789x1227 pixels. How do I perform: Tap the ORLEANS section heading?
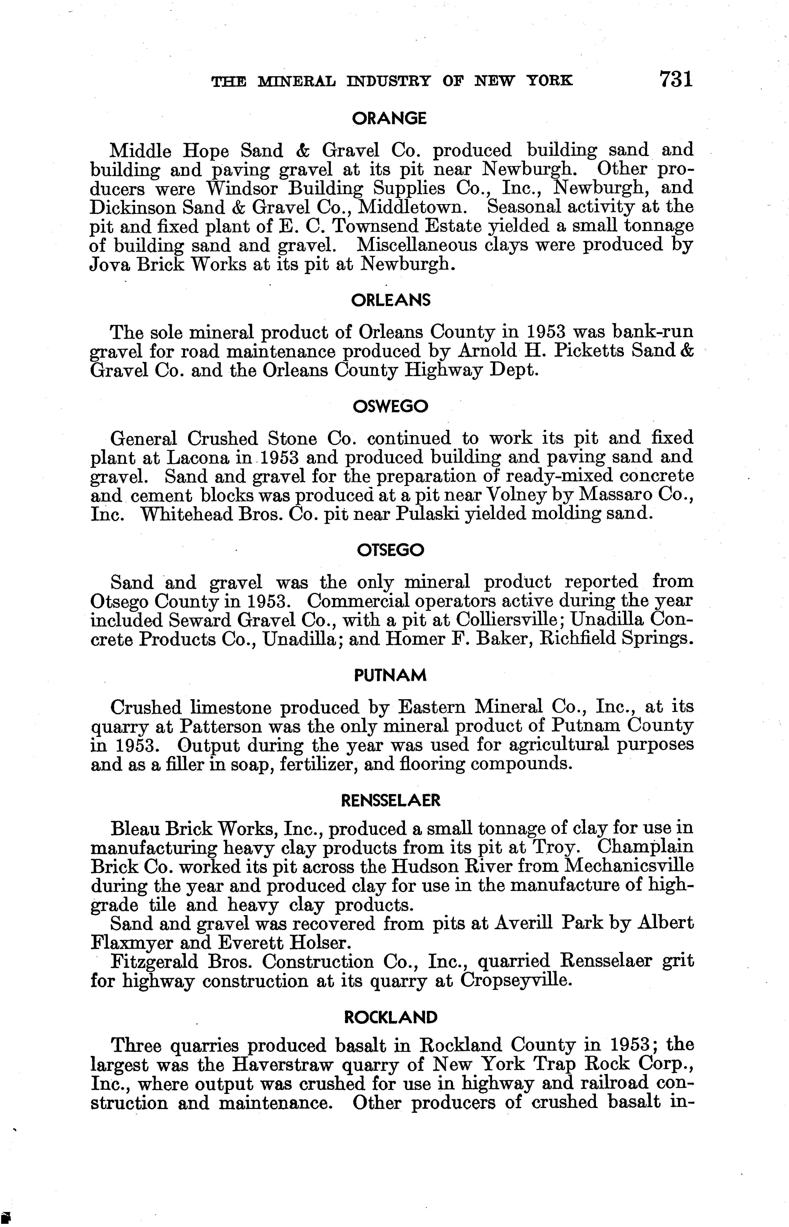(390, 300)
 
